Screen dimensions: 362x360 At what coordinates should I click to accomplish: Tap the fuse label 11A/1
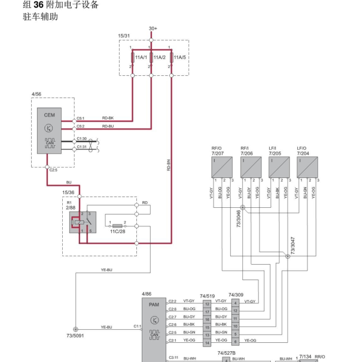point(141,57)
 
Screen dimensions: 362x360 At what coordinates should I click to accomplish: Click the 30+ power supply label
point(153,28)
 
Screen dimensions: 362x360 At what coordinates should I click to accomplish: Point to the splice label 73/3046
point(239,219)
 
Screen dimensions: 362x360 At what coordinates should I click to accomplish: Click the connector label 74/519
point(207,295)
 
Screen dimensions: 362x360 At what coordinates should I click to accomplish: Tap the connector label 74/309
point(236,295)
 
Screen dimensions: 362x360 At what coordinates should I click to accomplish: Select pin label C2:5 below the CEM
point(54,170)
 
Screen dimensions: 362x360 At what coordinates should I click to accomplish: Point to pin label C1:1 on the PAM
point(136,327)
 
